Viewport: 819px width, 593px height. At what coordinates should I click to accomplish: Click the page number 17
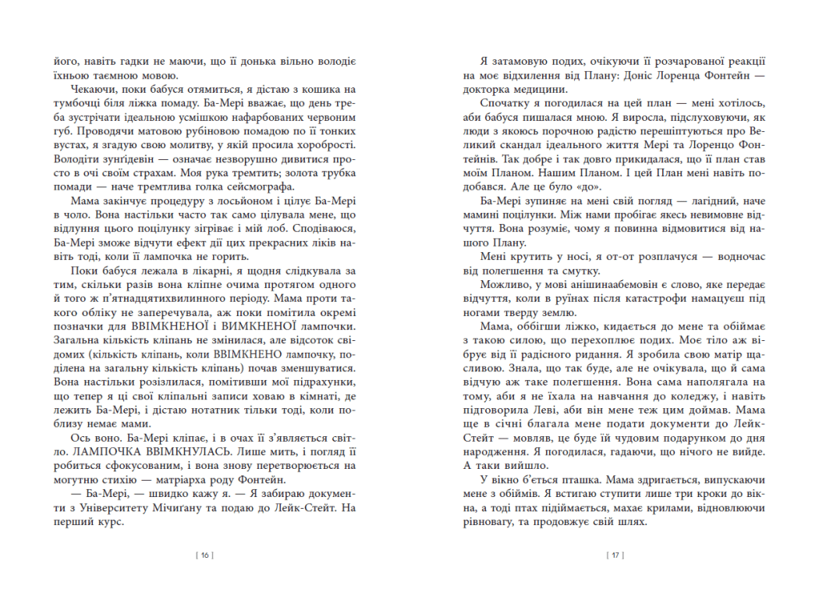pos(614,556)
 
